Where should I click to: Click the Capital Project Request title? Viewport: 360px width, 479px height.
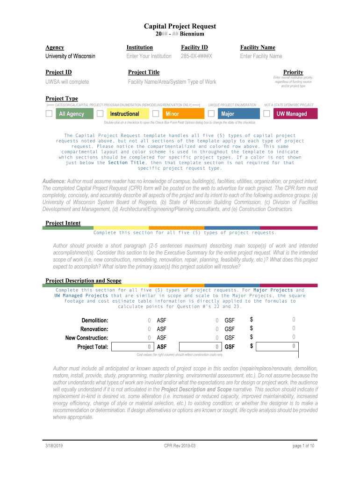180,26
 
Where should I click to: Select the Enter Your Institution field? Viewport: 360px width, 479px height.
149,56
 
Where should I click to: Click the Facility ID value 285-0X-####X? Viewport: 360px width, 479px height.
196,56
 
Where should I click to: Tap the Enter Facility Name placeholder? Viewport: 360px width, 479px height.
261,56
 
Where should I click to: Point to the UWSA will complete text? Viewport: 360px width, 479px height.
67,82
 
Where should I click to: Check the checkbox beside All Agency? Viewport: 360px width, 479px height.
49,114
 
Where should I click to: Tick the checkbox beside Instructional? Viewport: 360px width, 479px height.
100,114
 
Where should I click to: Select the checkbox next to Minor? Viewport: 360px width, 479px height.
156,114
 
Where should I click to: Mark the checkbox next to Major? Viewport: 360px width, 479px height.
211,114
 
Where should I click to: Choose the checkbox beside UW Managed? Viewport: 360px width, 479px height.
267,114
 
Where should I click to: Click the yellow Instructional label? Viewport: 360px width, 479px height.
125,114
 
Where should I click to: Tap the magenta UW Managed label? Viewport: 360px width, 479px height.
292,114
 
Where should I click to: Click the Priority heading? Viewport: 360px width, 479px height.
293,72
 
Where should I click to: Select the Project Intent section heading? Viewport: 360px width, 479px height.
63,223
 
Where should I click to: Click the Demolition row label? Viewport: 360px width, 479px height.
95,320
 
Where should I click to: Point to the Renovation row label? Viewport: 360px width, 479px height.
94,329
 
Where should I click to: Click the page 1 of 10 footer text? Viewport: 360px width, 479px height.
303,446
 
